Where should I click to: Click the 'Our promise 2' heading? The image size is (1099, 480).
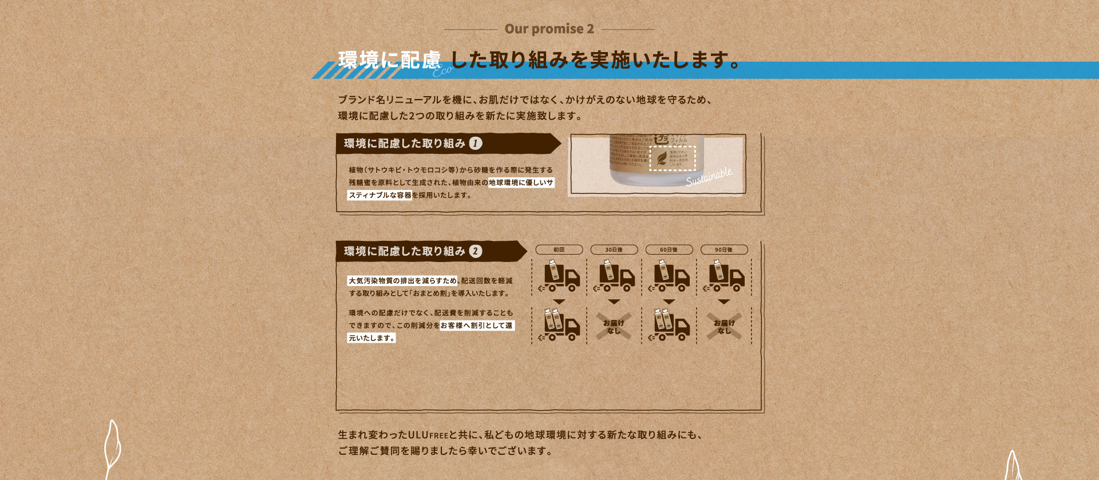549,29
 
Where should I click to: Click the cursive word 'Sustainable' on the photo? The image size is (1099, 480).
709,176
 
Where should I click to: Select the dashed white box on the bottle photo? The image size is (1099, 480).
673,158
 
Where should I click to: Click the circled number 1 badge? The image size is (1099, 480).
476,144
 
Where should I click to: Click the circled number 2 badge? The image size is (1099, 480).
476,251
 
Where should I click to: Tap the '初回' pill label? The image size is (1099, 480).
559,250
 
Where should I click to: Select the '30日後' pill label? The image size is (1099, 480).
614,250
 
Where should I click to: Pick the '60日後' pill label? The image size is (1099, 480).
669,250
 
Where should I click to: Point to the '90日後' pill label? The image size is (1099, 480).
724,250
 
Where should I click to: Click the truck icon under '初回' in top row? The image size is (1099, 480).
560,276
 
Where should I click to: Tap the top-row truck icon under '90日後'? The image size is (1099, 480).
725,276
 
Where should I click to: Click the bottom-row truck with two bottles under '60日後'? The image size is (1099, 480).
670,325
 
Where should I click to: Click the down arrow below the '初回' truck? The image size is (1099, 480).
559,302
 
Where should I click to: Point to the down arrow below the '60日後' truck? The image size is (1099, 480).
669,302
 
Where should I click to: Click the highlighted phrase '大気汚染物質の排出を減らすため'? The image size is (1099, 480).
403,281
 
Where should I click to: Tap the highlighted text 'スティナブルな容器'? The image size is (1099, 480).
380,195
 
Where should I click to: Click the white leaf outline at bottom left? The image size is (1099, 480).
113,449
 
